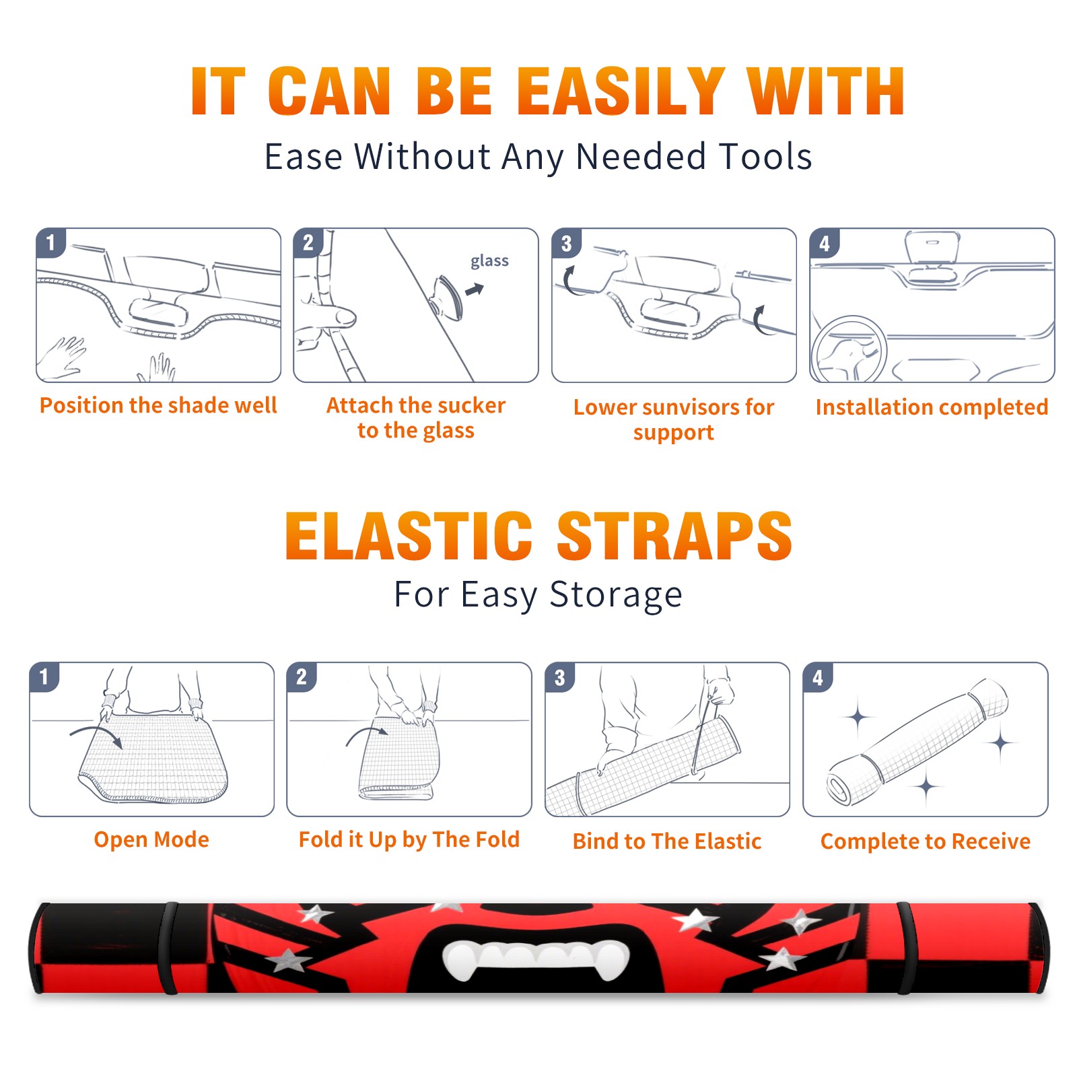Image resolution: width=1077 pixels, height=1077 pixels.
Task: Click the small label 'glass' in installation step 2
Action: (489, 260)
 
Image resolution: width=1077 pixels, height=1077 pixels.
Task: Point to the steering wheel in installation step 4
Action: (849, 350)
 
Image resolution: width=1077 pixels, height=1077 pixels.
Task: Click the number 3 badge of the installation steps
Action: (566, 243)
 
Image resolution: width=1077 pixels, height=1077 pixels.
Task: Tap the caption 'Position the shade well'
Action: (158, 405)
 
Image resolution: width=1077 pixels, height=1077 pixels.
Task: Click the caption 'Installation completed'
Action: (932, 407)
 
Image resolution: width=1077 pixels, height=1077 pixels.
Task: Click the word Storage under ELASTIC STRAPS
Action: (616, 595)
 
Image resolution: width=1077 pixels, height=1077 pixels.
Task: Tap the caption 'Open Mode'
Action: (151, 839)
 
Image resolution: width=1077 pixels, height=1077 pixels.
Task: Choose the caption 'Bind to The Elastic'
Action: (667, 841)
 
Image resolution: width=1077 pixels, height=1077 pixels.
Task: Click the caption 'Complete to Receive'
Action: (926, 841)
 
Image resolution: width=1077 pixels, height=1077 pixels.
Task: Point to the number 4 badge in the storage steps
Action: (818, 677)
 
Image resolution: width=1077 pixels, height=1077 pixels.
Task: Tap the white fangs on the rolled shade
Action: (536, 959)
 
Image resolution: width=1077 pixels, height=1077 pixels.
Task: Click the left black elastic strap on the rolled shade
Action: (170, 948)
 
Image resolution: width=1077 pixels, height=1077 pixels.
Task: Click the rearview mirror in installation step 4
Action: (932, 247)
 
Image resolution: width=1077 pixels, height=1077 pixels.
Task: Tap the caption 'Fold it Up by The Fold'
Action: (409, 839)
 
